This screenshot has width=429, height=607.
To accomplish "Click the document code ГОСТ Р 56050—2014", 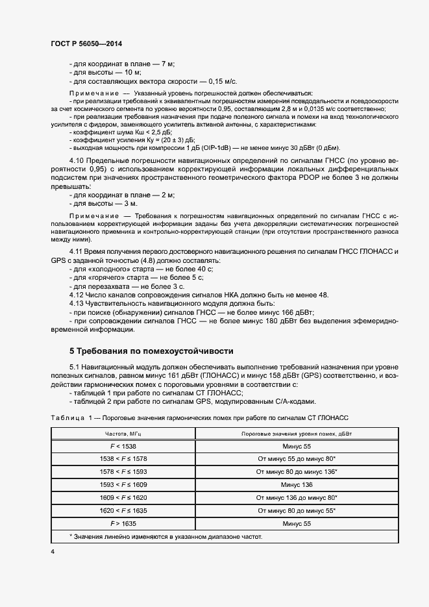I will coord(86,43).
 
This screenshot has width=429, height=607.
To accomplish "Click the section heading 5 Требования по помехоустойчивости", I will coord(151,351).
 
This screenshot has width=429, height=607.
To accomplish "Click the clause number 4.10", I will coord(77,159).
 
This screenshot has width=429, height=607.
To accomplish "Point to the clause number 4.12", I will coord(77,294).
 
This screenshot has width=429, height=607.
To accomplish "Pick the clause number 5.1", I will coord(74,367).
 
